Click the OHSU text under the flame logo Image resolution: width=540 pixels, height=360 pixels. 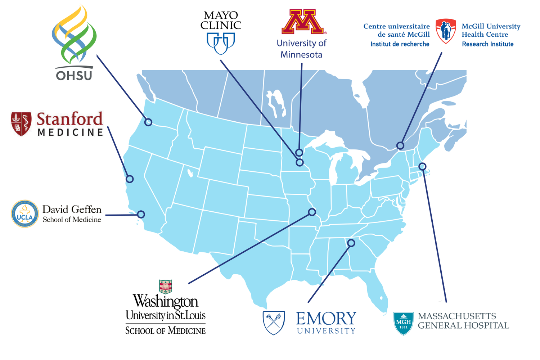(74, 76)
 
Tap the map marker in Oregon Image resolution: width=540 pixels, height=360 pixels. (148, 122)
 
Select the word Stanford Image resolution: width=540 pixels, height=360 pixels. (70, 119)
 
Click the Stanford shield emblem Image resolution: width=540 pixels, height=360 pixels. (21, 124)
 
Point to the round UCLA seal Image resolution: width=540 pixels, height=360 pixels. (24, 214)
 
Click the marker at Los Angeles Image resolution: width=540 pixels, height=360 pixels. (141, 214)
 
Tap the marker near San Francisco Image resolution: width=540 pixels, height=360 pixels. (130, 179)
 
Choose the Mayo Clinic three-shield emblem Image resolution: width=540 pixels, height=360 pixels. (221, 43)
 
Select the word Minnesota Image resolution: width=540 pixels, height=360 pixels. (301, 55)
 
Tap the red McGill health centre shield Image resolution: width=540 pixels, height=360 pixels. (446, 31)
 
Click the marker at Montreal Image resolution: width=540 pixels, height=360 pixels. (400, 145)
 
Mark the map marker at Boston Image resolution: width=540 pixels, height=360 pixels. (422, 166)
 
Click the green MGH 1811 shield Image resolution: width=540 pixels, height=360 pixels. (403, 323)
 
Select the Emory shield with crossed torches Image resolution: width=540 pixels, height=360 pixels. (274, 323)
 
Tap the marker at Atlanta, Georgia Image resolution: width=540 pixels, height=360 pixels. (351, 243)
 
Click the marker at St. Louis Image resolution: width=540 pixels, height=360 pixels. (312, 212)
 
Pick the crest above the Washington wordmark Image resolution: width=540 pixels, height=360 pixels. (165, 287)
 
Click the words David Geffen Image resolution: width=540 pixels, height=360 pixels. (72, 210)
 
